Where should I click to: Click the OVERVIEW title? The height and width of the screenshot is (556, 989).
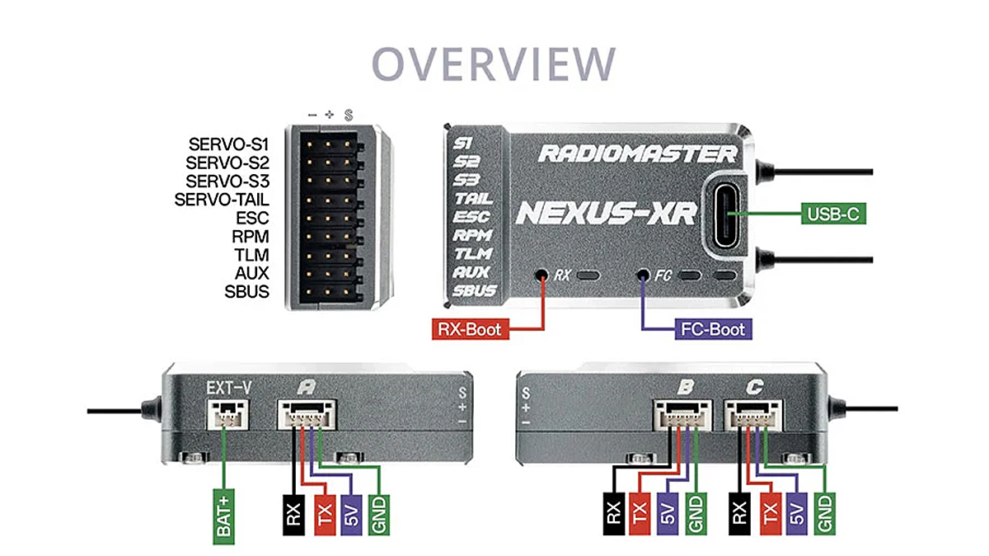pyautogui.click(x=494, y=64)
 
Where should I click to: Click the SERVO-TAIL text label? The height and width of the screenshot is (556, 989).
pyautogui.click(x=222, y=199)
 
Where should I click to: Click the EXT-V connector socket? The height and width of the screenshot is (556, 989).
pyautogui.click(x=224, y=413)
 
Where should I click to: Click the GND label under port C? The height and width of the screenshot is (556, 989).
pyautogui.click(x=825, y=514)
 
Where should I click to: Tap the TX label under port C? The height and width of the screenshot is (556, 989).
pyautogui.click(x=771, y=514)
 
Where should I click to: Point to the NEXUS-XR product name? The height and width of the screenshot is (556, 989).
pyautogui.click(x=606, y=212)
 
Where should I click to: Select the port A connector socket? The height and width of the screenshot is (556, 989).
pyautogui.click(x=307, y=413)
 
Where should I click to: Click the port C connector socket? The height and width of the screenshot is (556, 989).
pyautogui.click(x=753, y=413)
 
